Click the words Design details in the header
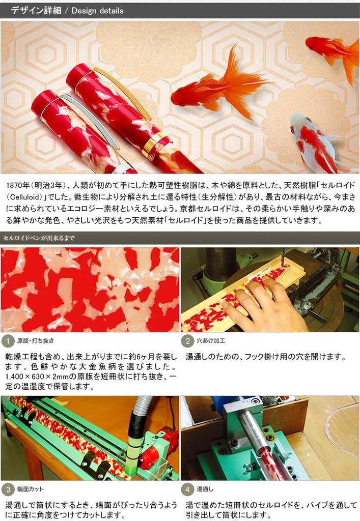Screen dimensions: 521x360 pyautogui.click(x=97, y=10)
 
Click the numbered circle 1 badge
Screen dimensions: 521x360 pyautogui.click(x=8, y=341)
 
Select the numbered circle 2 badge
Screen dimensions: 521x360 pyautogui.click(x=188, y=341)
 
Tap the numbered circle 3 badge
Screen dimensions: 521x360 pyautogui.click(x=8, y=489)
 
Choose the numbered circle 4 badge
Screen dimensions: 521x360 pyautogui.click(x=188, y=489)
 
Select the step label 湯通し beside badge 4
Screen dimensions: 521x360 pyautogui.click(x=205, y=489)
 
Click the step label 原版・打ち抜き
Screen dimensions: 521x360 pyautogui.click(x=35, y=341)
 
